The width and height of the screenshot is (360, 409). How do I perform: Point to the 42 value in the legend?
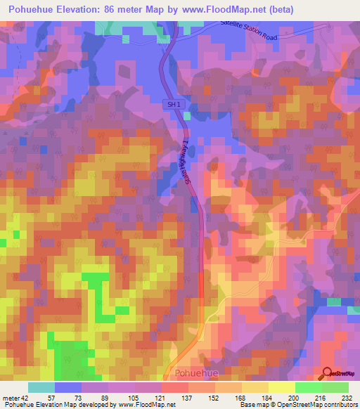pyautogui.click(x=25, y=398)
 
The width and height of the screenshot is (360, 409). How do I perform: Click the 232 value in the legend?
pyautogui.click(x=348, y=398)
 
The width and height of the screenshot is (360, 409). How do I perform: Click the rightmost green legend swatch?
pyautogui.click(x=335, y=388)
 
